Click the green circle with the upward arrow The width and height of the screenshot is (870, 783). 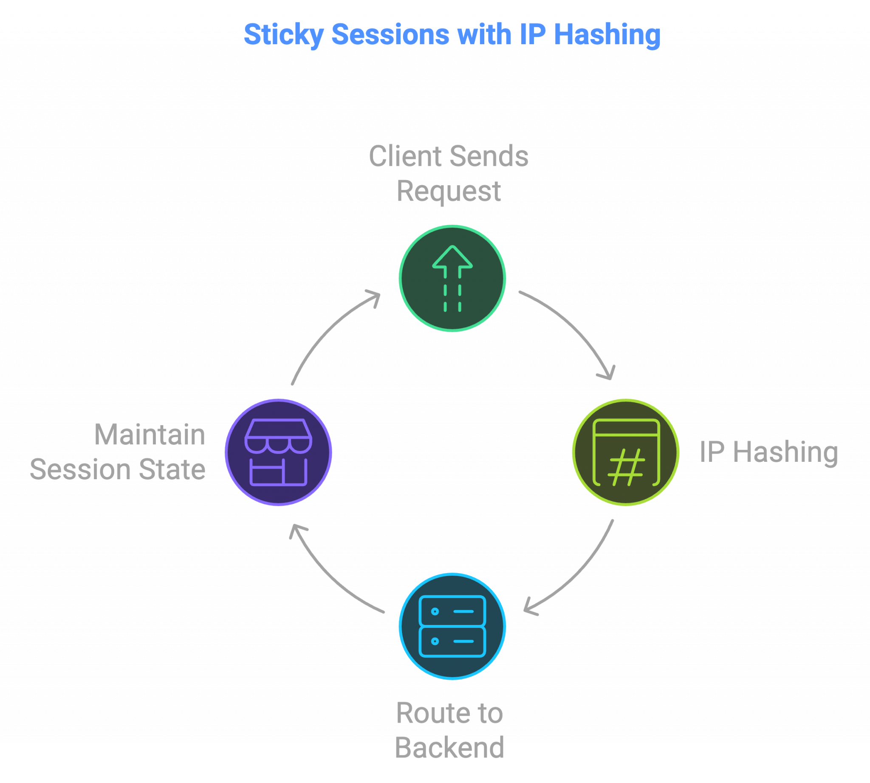[x=452, y=278]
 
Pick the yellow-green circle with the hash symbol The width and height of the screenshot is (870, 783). [x=626, y=452]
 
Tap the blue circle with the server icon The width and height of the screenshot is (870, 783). [x=452, y=626]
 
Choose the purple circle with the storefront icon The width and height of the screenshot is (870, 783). [x=278, y=452]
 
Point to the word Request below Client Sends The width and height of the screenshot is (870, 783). [x=448, y=191]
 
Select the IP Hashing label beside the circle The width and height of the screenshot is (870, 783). [x=768, y=452]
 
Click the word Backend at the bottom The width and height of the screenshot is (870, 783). [x=449, y=748]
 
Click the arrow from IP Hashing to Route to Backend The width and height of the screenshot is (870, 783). [x=576, y=572]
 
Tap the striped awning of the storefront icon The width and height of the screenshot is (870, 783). [x=278, y=436]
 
